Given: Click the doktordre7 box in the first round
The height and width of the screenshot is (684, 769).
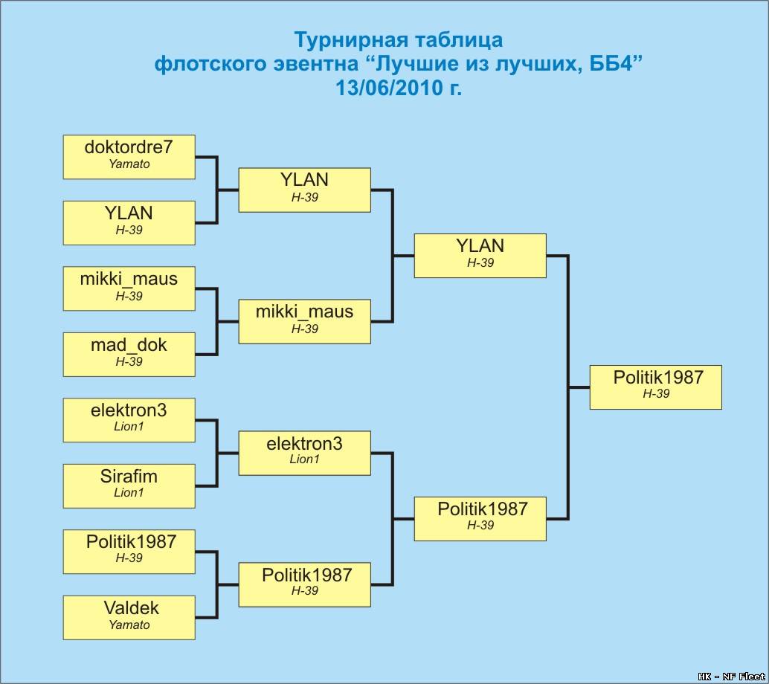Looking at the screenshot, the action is coord(129,157).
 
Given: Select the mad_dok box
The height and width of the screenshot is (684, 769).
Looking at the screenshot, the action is coord(129,355).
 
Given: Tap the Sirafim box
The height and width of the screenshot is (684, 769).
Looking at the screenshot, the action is coord(129,486).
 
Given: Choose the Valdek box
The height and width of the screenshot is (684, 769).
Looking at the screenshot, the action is coord(129,618).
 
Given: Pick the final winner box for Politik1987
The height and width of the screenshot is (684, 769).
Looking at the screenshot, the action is coord(656,387).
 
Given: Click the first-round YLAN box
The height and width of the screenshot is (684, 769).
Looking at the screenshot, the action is coord(129,222).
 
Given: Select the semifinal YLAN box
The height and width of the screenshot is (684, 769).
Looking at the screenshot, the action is coord(480,256).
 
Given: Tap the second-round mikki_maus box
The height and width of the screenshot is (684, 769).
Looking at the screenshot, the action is coord(305,322).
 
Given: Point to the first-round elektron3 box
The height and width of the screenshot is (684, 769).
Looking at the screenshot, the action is coord(129,420).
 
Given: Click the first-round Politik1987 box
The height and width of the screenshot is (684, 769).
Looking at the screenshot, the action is coord(129,552).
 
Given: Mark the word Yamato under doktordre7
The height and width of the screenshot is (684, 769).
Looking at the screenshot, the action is coord(129,164).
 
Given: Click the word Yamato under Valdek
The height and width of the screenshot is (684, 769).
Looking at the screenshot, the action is coord(129,625).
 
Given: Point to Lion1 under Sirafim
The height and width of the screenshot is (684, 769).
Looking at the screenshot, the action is coord(129,492).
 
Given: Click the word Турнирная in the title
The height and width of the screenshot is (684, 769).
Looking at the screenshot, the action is coord(346,40).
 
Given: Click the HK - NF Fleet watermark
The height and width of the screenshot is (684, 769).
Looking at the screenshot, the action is coord(731,677).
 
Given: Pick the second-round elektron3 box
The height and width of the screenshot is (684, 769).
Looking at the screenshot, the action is coord(305,453).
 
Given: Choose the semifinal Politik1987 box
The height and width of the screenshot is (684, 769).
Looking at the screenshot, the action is coord(480,519).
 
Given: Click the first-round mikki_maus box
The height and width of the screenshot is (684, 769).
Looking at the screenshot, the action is coord(129,288).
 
